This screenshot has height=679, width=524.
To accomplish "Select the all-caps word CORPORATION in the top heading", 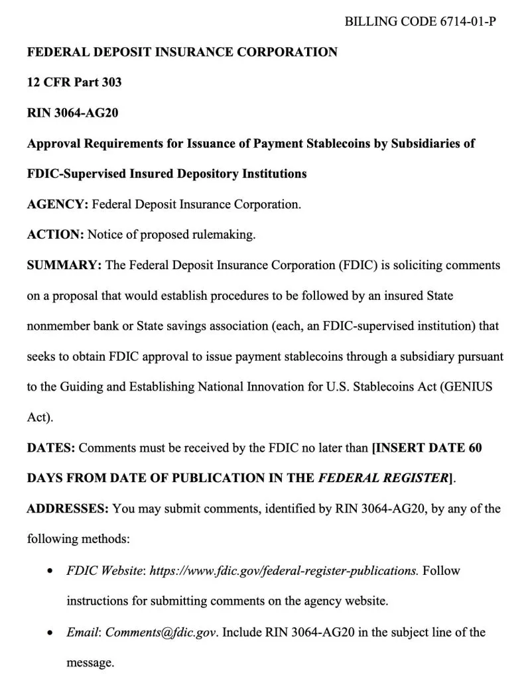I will [287, 52].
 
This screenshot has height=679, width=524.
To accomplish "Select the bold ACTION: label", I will [55, 235].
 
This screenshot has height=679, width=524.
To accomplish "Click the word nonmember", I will [59, 326].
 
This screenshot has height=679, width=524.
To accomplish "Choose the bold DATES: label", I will [51, 448].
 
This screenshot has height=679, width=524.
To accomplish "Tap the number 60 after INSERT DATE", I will [474, 448].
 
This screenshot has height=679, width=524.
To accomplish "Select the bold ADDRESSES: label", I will [68, 509].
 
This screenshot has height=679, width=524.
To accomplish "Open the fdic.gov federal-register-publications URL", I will [284, 570].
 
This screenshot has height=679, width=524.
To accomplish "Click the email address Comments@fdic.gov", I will [161, 632].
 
